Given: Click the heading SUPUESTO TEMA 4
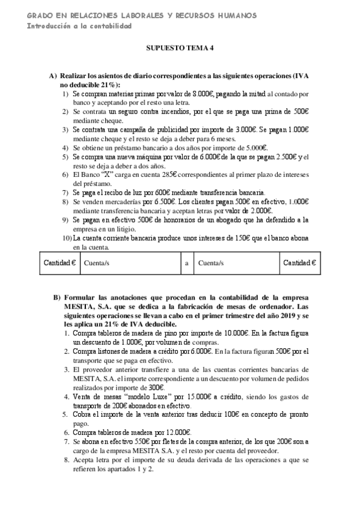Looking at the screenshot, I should [x=180, y=52].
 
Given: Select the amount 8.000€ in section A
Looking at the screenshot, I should [x=203, y=94].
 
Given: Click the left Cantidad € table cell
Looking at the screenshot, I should [x=60, y=263].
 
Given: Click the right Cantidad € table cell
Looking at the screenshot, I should [x=300, y=263].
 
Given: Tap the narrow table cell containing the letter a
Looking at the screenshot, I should [x=186, y=263].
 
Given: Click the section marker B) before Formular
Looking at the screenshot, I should [x=57, y=298].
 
